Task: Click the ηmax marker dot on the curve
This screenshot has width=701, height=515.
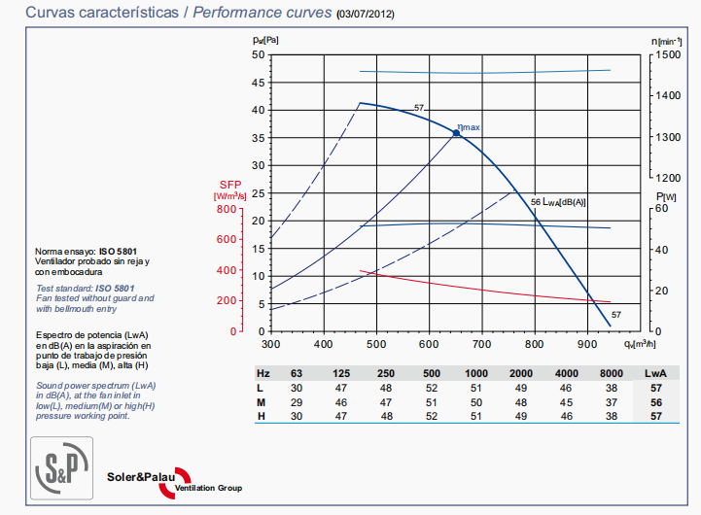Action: [x=455, y=132]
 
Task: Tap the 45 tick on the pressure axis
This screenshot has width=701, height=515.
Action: [x=258, y=83]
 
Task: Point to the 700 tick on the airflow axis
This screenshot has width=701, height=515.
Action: [x=480, y=344]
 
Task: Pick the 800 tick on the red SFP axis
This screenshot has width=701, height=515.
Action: [x=226, y=208]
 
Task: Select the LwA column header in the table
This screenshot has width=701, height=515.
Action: [x=656, y=373]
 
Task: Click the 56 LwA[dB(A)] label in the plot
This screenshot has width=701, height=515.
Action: [x=559, y=201]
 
